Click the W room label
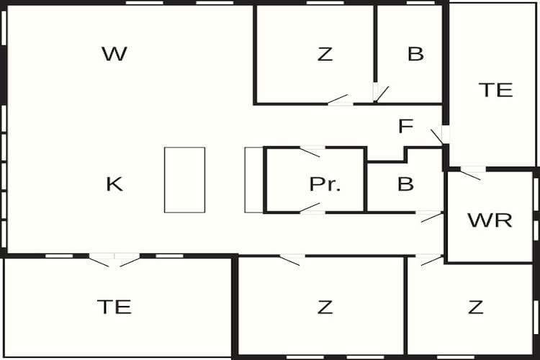[114, 54]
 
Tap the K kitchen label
[114, 184]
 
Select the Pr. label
[325, 184]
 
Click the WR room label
[490, 220]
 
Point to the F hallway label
[405, 126]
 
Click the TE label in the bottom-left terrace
[114, 307]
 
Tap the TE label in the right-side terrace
[495, 90]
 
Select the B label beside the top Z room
[415, 54]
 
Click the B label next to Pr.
[405, 184]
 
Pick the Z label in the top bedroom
[325, 54]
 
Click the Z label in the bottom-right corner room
[476, 307]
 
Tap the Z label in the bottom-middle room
[325, 307]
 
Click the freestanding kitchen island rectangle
[184, 180]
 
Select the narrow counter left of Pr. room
[254, 180]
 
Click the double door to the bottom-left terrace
[114, 260]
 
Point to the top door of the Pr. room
[312, 152]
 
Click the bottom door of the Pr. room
[312, 208]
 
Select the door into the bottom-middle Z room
[292, 260]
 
